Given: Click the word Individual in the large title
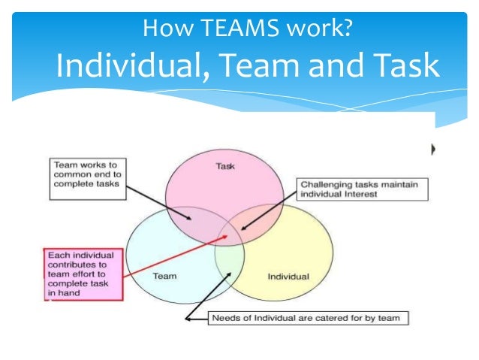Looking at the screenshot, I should [128, 66].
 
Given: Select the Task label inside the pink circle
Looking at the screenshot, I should [224, 167].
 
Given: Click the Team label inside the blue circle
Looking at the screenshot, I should [164, 276].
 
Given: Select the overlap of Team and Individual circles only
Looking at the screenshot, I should [229, 263].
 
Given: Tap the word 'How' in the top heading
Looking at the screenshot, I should [165, 31].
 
